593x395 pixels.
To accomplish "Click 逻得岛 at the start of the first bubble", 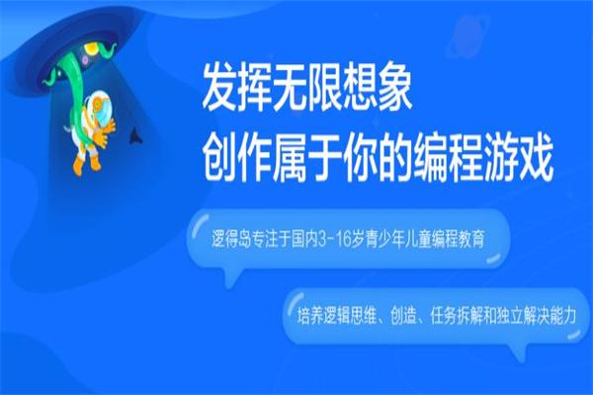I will pyautogui.click(x=218, y=240).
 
